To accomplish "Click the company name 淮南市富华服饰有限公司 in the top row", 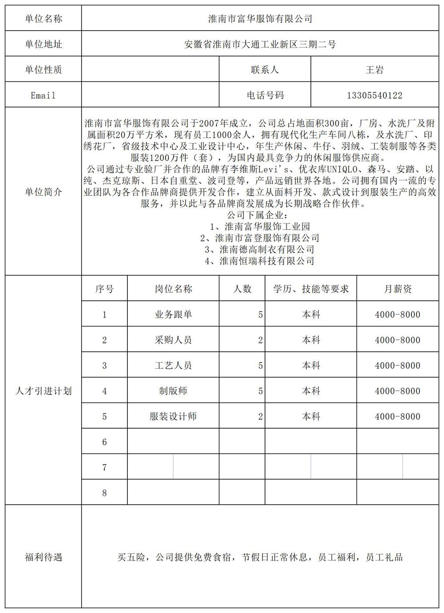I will tap(260, 19).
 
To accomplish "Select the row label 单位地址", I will tap(43, 44).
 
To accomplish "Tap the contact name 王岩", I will tap(374, 70).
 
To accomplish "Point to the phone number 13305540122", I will tap(374, 96).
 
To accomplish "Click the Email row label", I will tap(43, 96).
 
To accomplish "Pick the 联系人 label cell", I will tap(265, 70).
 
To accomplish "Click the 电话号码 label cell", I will tap(265, 96).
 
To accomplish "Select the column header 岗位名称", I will tap(173, 289).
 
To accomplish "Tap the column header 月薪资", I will tap(397, 289).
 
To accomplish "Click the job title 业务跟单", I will tap(173, 314).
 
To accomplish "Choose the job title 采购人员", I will tap(173, 340).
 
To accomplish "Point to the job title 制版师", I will tap(173, 391).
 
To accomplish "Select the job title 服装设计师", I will tap(173, 417).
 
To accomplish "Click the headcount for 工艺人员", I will tap(260, 366).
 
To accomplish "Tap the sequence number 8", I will tap(104, 493).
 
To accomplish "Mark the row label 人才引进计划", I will tap(43, 391).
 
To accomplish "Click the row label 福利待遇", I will tap(43, 557).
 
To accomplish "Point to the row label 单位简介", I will tap(43, 192).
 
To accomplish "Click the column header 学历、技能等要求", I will tap(311, 289).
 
